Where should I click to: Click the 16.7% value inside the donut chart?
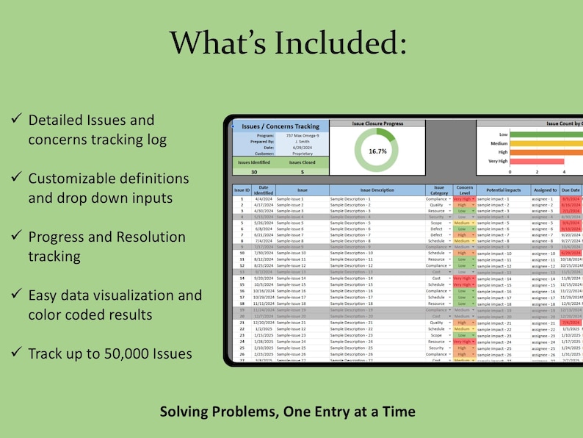tap(377, 151)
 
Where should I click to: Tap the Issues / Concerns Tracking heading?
tap(280, 126)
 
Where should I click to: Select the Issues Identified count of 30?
tap(254, 171)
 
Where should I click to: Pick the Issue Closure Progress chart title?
tap(377, 123)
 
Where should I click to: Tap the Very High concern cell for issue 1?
tap(463, 199)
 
